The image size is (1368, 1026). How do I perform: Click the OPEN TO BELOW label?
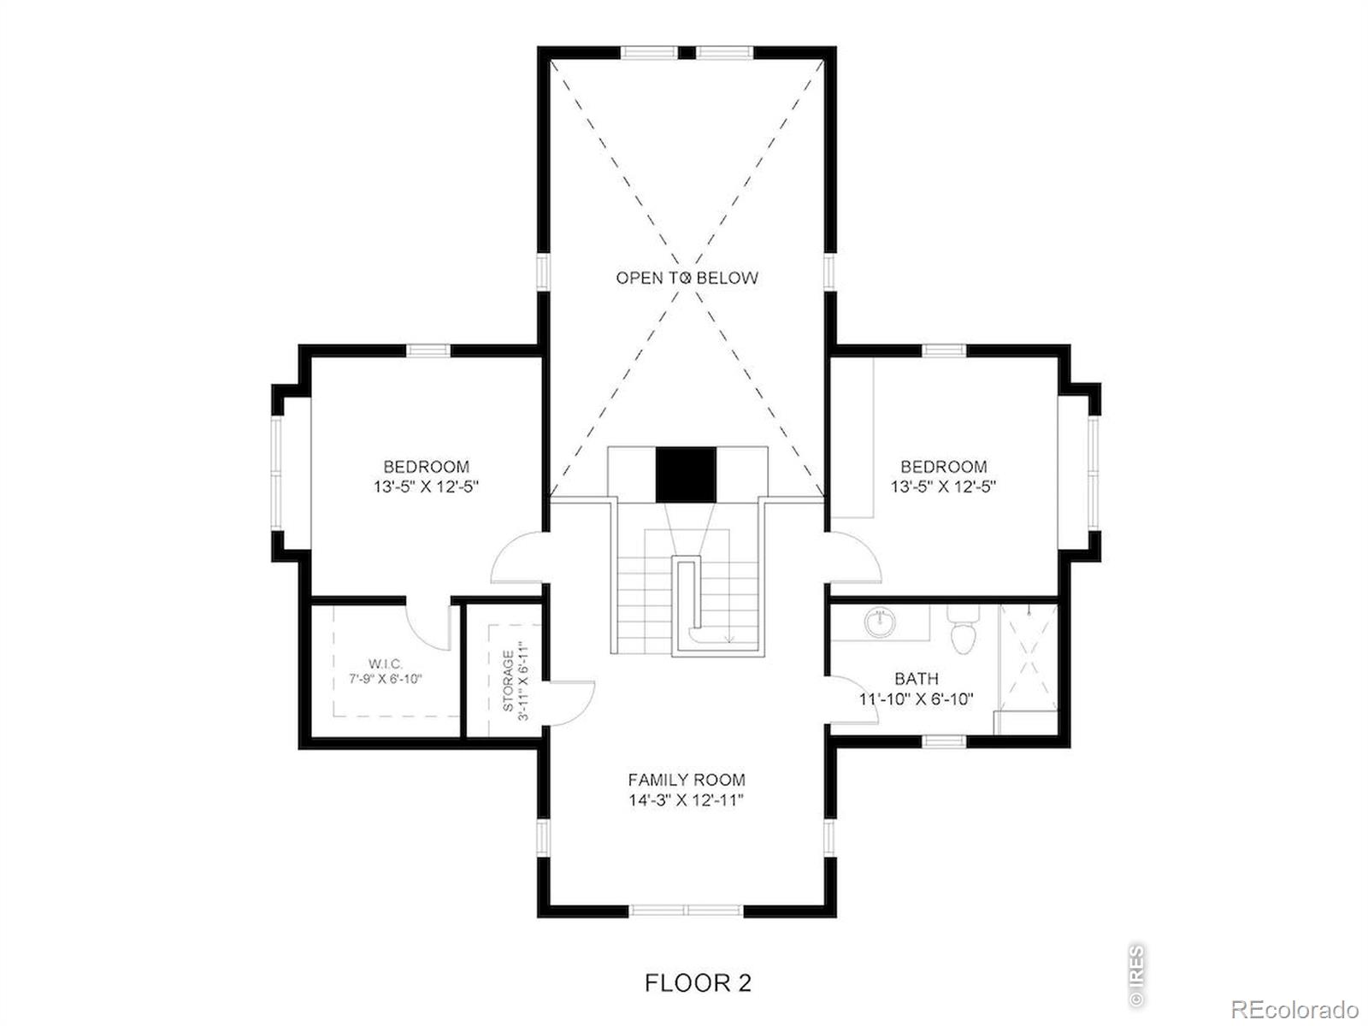click(687, 278)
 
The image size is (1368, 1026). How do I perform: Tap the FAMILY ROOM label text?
click(687, 779)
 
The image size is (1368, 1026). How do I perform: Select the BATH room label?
click(917, 678)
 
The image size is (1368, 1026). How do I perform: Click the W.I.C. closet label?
click(385, 664)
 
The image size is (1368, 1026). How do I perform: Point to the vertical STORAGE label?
click(509, 681)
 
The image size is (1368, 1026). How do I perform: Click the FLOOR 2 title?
click(698, 983)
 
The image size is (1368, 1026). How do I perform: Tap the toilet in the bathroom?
click(963, 628)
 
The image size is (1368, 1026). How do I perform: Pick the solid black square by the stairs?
click(686, 475)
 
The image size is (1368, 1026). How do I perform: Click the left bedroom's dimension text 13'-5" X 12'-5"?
click(427, 486)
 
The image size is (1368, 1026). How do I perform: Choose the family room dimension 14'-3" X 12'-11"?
click(687, 800)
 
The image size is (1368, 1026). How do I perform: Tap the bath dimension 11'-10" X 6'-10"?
click(917, 699)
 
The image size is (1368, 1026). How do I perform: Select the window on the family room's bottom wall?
click(687, 910)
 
